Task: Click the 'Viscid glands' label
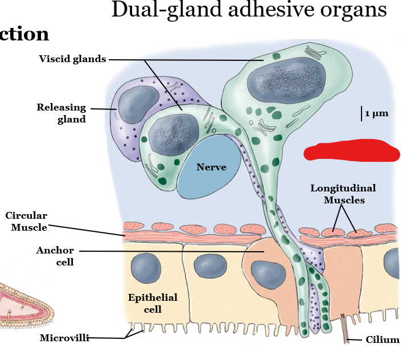pyautogui.click(x=72, y=59)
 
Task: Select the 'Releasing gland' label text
pyautogui.click(x=61, y=113)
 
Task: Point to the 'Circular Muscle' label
pyautogui.click(x=26, y=222)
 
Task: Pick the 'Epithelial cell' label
pyautogui.click(x=153, y=303)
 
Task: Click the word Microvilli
pyautogui.click(x=64, y=338)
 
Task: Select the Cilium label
pyautogui.click(x=383, y=340)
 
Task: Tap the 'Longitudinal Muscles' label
pyautogui.click(x=343, y=194)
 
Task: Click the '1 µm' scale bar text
pyautogui.click(x=377, y=113)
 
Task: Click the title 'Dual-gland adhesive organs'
pyautogui.click(x=249, y=10)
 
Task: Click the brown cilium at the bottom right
pyautogui.click(x=346, y=331)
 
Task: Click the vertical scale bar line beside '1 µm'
pyautogui.click(x=361, y=113)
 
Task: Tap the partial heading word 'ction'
pyautogui.click(x=24, y=34)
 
